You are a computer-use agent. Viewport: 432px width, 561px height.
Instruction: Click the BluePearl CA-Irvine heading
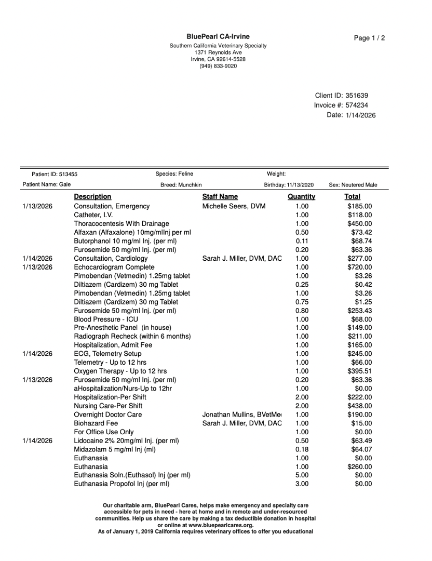pyautogui.click(x=218, y=36)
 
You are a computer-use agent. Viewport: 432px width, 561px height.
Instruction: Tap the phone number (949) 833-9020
pyautogui.click(x=218, y=66)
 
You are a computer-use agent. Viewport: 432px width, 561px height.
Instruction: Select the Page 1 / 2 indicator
pyautogui.click(x=369, y=38)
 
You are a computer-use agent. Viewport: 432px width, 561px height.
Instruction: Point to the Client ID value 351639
pyautogui.click(x=357, y=95)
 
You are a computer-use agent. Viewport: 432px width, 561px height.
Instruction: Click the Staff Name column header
pyautogui.click(x=220, y=196)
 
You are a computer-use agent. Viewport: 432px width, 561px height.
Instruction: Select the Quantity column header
pyautogui.click(x=301, y=196)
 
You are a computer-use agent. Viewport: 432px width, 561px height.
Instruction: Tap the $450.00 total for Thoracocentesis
pyautogui.click(x=359, y=223)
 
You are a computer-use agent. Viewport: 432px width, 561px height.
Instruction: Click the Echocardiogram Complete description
pyautogui.click(x=114, y=267)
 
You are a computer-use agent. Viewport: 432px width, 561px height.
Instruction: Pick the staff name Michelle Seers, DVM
pyautogui.click(x=234, y=206)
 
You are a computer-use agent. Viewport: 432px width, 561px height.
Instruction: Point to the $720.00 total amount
pyautogui.click(x=359, y=267)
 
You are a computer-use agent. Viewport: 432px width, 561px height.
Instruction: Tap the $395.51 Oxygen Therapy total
pyautogui.click(x=359, y=371)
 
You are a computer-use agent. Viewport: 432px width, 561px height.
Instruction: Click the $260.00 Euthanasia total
pyautogui.click(x=359, y=466)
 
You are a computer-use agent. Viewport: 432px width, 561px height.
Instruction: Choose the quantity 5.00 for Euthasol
pyautogui.click(x=302, y=475)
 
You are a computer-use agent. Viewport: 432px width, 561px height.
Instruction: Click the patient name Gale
pyautogui.click(x=65, y=184)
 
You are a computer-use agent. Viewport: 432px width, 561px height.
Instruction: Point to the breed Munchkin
pyautogui.click(x=190, y=185)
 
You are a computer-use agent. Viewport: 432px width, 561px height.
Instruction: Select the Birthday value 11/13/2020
pyautogui.click(x=300, y=185)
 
